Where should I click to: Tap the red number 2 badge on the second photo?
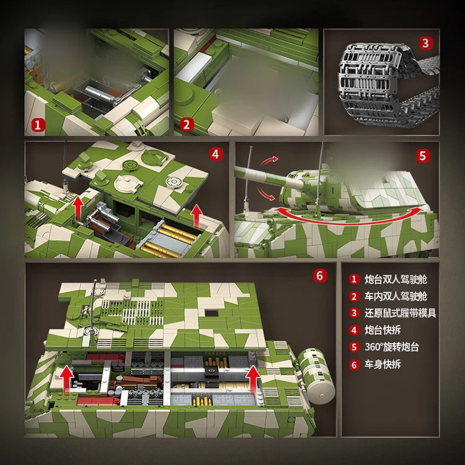(187, 124)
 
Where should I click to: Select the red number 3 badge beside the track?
(425, 43)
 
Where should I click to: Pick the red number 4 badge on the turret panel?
(215, 154)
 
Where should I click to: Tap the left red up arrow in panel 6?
(64, 374)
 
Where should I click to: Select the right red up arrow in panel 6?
(252, 379)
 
